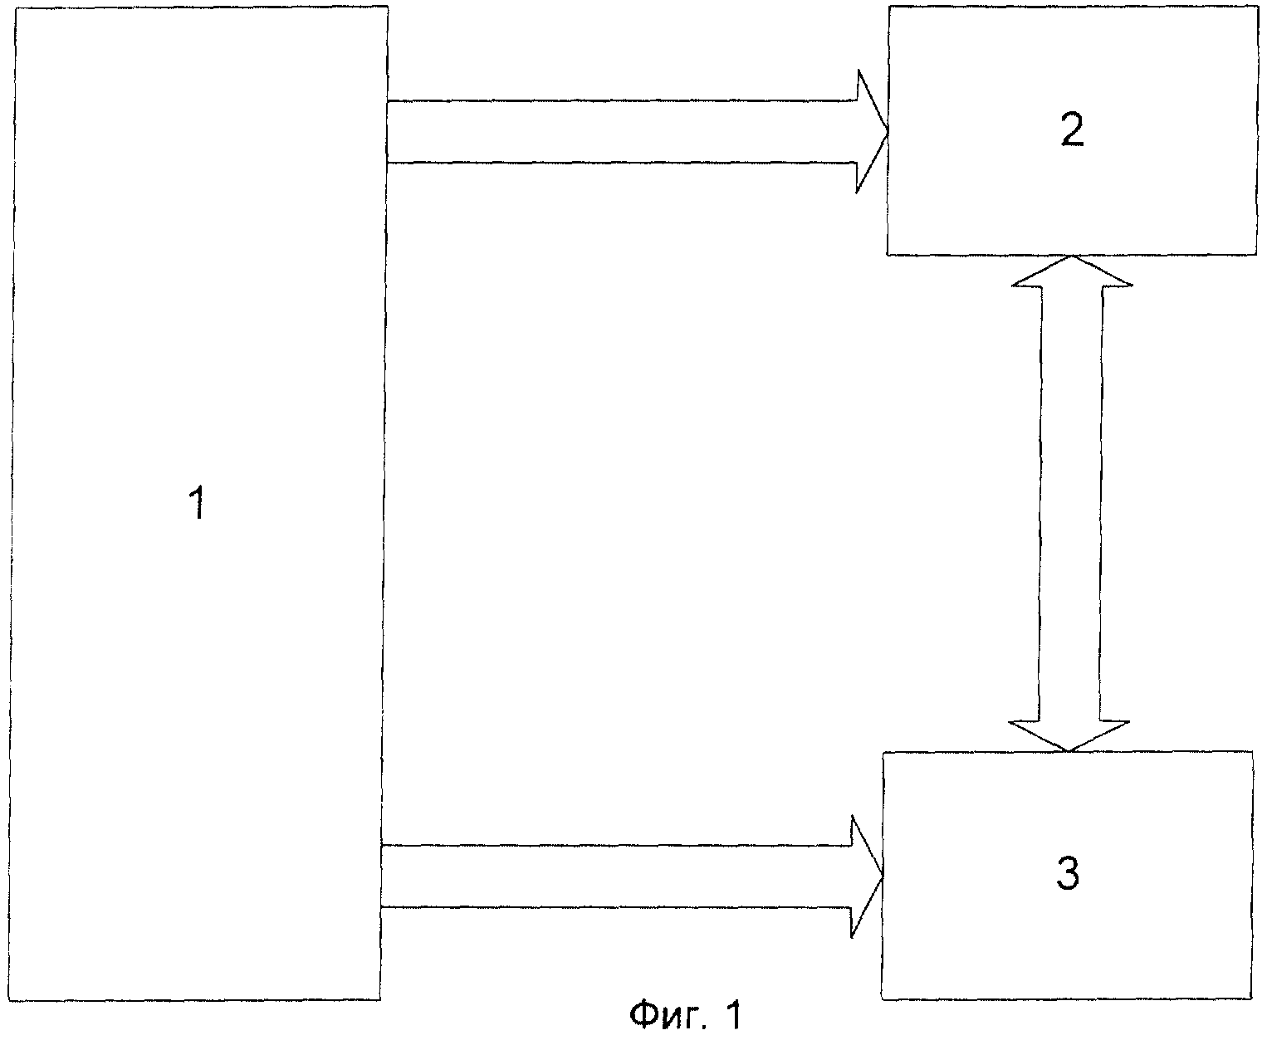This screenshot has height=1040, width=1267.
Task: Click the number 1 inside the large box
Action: pyautogui.click(x=197, y=503)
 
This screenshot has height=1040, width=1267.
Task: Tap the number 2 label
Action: pyautogui.click(x=1073, y=129)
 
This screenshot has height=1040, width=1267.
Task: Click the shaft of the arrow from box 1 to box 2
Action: pyautogui.click(x=622, y=131)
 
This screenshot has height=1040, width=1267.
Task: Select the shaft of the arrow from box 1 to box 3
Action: pyautogui.click(x=616, y=876)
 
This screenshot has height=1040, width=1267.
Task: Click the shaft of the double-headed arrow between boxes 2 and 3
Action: pyautogui.click(x=1070, y=503)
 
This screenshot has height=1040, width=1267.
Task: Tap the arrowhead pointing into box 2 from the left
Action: pyautogui.click(x=873, y=131)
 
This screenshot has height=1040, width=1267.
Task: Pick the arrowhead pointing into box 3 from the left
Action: pyautogui.click(x=867, y=876)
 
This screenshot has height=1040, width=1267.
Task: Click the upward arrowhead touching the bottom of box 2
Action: pyautogui.click(x=1073, y=271)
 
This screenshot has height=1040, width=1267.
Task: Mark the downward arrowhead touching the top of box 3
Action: pyautogui.click(x=1069, y=736)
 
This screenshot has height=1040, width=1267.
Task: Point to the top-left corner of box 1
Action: pyautogui.click(x=15, y=7)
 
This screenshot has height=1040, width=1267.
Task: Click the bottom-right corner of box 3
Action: pyautogui.click(x=1252, y=999)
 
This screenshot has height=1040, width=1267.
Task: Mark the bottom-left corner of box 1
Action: pyautogui.click(x=9, y=1000)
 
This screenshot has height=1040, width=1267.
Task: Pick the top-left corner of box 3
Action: pyautogui.click(x=883, y=752)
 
